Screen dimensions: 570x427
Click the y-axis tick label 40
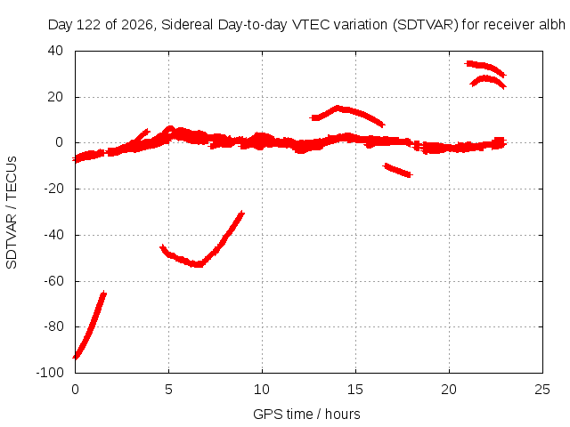[x=55, y=51]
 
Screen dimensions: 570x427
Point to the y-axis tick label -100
[x=50, y=373]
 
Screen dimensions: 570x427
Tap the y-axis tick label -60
[x=53, y=281]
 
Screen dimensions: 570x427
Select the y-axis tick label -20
[x=53, y=189]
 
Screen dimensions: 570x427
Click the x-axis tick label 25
[x=542, y=390]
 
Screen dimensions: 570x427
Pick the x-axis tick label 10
[x=262, y=390]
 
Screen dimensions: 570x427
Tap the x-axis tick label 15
[x=355, y=390]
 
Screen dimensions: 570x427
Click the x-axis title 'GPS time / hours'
[x=306, y=415]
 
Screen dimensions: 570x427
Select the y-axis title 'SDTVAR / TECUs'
[x=12, y=213]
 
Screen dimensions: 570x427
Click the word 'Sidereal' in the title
[x=187, y=25]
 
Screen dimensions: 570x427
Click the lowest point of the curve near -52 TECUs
[x=198, y=264]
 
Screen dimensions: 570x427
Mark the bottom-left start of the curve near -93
[x=75, y=357]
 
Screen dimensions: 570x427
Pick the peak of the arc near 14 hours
[x=338, y=109]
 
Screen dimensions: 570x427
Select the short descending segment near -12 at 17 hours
[x=398, y=170]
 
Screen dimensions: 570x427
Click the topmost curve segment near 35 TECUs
[x=485, y=67]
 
